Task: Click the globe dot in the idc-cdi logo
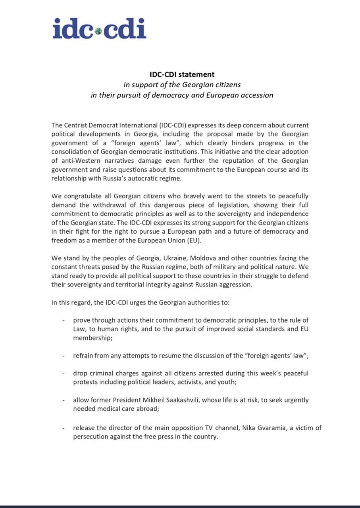98,30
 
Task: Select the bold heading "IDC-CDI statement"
182,74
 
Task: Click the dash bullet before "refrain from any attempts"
64,356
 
